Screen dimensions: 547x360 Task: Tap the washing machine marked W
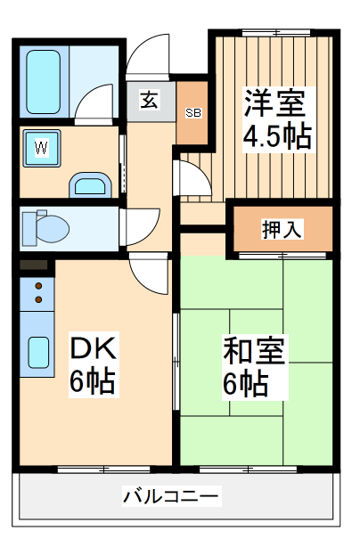pyautogui.click(x=41, y=148)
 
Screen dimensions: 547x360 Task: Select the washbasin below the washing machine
pyautogui.click(x=88, y=184)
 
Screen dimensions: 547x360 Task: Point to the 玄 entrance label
pyautogui.click(x=149, y=101)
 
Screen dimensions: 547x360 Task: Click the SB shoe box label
pyautogui.click(x=192, y=113)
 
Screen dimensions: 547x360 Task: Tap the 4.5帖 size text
pyautogui.click(x=276, y=138)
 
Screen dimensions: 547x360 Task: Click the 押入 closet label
pyautogui.click(x=282, y=228)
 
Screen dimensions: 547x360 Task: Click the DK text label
pyautogui.click(x=92, y=347)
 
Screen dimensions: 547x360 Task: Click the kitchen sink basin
pyautogui.click(x=38, y=353)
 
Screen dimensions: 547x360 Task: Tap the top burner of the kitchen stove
pyautogui.click(x=38, y=287)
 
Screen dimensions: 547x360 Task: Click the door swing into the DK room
pyautogui.click(x=148, y=273)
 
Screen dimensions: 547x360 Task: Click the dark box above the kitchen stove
pyautogui.click(x=32, y=265)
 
